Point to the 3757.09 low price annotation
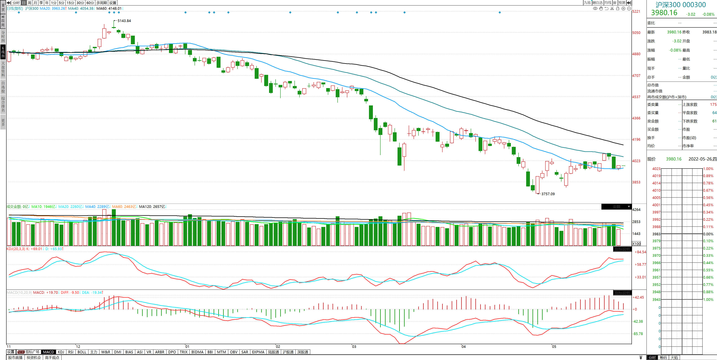548,194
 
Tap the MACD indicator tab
48,352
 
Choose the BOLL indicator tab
82,352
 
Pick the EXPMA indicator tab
258,352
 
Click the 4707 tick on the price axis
636,76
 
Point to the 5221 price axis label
636,11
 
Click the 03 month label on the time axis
354,347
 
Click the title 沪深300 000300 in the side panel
681,5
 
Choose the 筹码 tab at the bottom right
663,358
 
